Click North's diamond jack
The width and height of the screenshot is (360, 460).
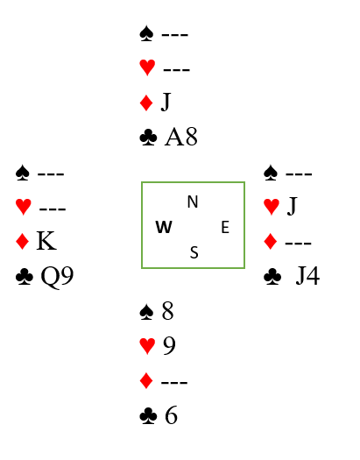166,103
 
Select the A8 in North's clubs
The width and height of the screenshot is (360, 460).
181,137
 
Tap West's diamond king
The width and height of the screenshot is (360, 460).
46,241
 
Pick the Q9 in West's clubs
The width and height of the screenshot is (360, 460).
57,277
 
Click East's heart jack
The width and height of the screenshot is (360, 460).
292,206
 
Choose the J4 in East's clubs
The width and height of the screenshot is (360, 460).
307,276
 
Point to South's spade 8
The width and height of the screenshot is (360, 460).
167,311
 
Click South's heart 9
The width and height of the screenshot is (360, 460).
169,345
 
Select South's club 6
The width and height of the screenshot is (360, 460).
171,415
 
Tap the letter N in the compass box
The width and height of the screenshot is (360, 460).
193,202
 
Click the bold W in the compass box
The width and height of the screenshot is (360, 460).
164,227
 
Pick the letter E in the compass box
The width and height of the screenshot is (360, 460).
225,227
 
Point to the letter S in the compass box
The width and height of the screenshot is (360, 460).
194,252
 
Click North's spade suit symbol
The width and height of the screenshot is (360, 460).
146,33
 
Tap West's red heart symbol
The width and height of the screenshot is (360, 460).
23,207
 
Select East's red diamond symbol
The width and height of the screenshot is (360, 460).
271,241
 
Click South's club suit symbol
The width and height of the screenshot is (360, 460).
148,416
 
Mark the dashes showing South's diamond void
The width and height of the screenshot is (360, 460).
174,382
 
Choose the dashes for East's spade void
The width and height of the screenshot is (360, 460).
299,174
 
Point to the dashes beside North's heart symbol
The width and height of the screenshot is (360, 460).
176,70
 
